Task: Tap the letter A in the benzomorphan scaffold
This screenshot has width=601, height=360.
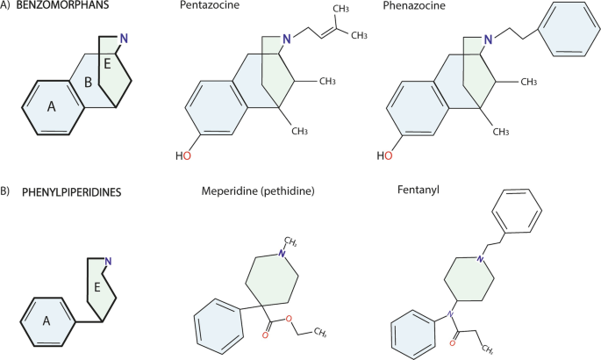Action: (x=51, y=106)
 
